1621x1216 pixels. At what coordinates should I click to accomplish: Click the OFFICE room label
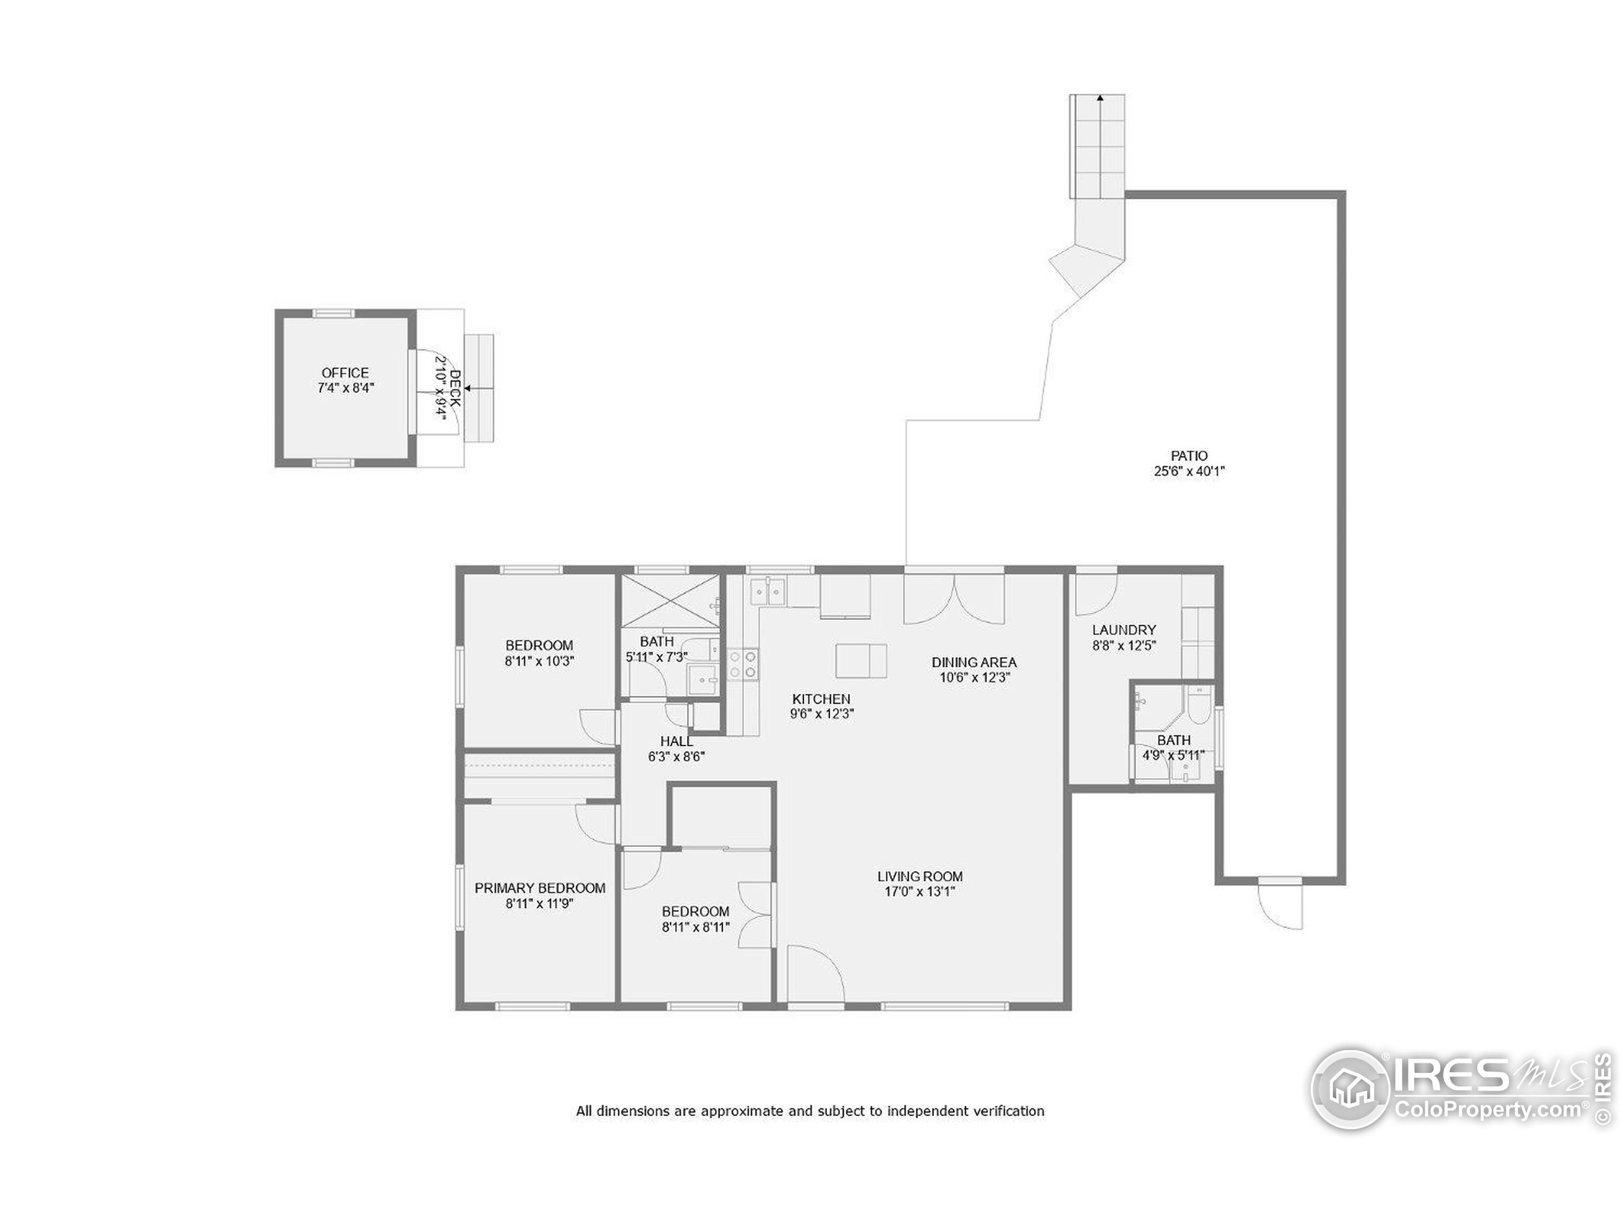tap(345, 372)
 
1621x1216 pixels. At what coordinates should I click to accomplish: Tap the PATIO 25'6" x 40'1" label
tap(1189, 463)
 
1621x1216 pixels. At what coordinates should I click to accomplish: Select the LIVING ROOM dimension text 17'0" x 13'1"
tap(919, 892)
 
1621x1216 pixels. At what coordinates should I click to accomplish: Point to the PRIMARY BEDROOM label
tap(540, 888)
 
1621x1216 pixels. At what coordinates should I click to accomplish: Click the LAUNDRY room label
tap(1123, 630)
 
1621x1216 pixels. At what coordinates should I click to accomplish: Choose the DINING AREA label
tap(974, 662)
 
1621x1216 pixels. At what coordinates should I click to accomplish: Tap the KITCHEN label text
tap(821, 699)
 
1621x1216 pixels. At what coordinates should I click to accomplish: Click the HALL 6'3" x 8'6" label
tap(676, 749)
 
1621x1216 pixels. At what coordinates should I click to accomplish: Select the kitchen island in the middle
tap(861, 661)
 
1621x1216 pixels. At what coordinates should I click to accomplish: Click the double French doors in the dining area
tap(954, 597)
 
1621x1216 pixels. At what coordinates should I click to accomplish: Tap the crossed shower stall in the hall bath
tap(671, 601)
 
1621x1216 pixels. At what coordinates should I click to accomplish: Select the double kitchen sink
tap(767, 590)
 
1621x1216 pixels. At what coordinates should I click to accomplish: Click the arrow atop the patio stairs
tap(1099, 97)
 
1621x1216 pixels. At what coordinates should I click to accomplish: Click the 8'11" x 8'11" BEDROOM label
tap(695, 918)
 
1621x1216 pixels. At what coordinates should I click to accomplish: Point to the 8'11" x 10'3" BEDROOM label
tap(539, 652)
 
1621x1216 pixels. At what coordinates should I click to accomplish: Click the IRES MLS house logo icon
tap(1350, 1089)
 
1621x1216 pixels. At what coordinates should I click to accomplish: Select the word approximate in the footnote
tap(741, 1110)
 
